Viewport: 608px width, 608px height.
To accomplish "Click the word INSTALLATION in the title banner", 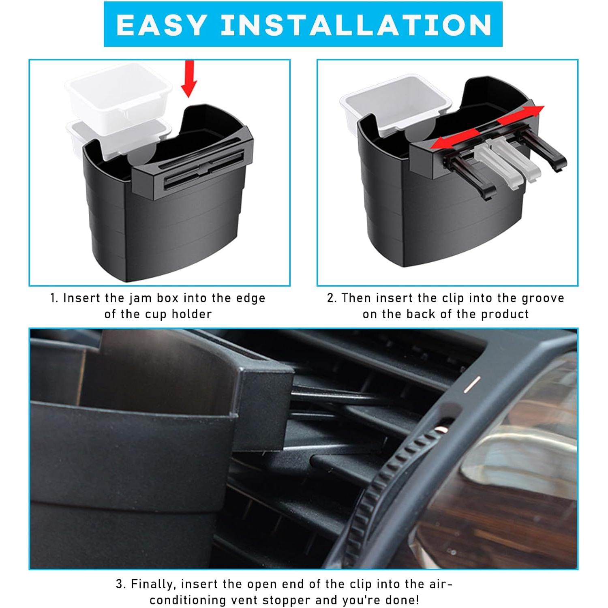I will click(357, 25).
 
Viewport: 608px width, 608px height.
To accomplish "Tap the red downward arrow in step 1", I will click(188, 79).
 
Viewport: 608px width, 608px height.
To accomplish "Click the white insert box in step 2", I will click(395, 103).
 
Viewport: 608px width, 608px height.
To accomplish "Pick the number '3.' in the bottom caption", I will click(121, 584).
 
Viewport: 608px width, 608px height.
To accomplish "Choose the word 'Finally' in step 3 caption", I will click(154, 584).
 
